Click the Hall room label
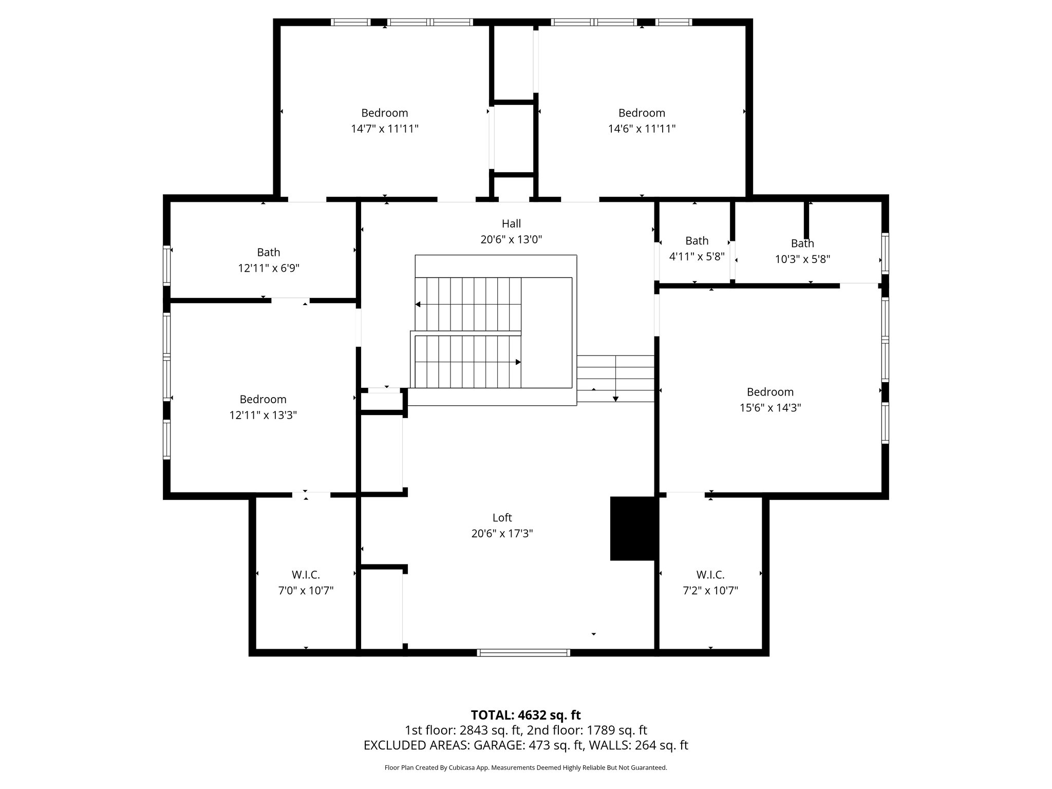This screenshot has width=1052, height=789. (x=511, y=223)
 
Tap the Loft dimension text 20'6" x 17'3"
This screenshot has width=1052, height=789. (x=502, y=534)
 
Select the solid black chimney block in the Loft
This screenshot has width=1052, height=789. (x=633, y=528)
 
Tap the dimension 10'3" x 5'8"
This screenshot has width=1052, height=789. (x=802, y=259)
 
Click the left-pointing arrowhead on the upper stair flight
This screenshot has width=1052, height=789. (x=418, y=305)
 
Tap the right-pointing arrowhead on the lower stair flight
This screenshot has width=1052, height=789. (x=518, y=362)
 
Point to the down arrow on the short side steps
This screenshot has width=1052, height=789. (x=615, y=399)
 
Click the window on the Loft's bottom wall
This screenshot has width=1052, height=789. (x=523, y=653)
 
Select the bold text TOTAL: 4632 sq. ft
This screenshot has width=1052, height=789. (x=525, y=715)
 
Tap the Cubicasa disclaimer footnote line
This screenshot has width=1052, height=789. (x=525, y=768)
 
